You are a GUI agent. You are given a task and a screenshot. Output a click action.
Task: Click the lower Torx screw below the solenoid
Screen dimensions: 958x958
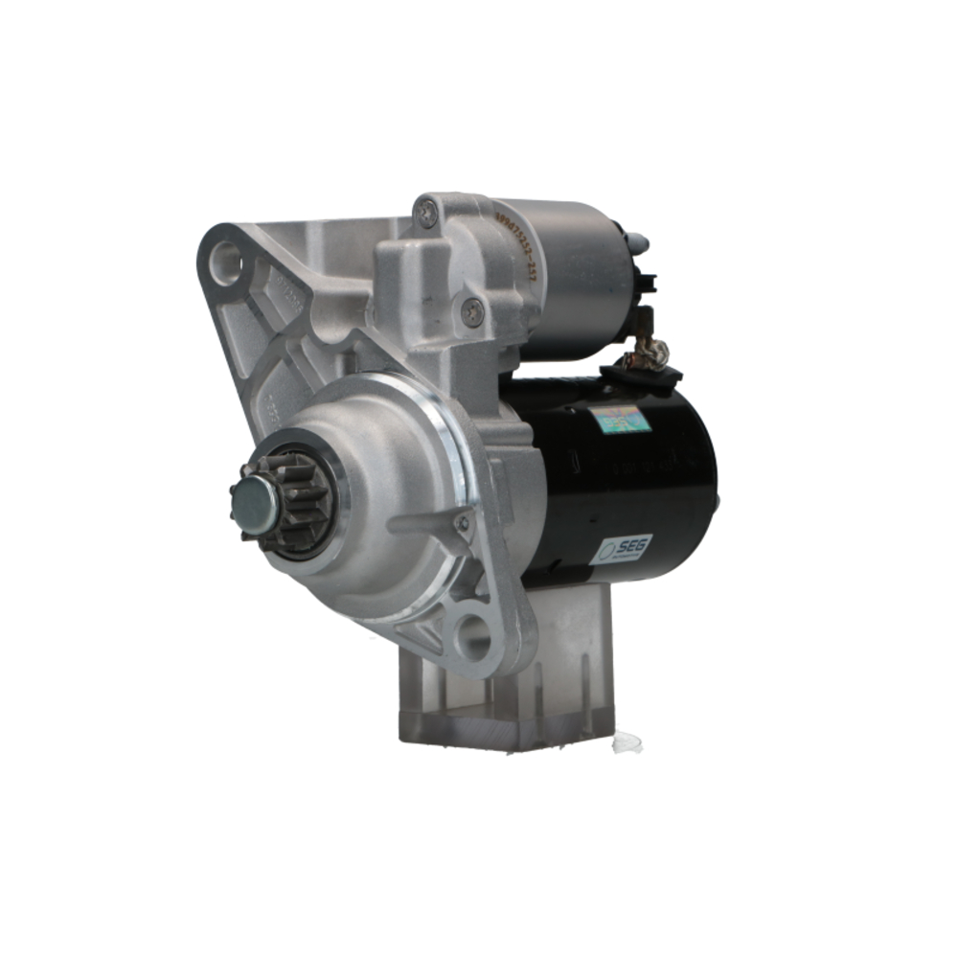click(x=472, y=309)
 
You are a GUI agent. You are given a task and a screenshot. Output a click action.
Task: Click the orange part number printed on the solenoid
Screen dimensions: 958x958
click(x=516, y=245)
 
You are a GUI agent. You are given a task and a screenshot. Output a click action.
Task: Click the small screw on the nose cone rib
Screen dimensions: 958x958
click(x=463, y=522)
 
